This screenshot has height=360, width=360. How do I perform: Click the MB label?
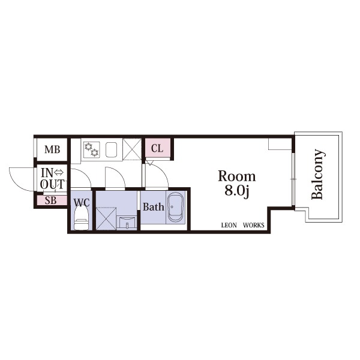point(52,149)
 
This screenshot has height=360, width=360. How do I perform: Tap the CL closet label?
point(157,148)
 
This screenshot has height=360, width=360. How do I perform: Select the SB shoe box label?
point(50,200)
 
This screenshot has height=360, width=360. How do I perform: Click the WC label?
point(82,203)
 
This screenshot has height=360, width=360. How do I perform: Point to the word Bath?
point(154,206)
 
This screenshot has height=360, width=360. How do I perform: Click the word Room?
point(237,176)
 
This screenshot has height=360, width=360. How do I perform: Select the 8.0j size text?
point(237,191)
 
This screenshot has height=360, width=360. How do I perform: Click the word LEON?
point(229,225)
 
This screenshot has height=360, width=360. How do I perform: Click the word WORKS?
point(254,225)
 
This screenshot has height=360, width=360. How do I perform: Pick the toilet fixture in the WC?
point(81,218)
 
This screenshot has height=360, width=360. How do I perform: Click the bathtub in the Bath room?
point(176,208)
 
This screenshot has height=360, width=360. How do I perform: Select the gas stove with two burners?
point(92,149)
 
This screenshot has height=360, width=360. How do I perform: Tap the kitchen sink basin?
point(112,149)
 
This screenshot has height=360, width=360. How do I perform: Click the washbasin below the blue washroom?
point(127,223)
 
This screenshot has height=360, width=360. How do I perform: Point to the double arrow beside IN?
point(59,172)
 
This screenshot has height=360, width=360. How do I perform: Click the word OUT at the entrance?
point(52,184)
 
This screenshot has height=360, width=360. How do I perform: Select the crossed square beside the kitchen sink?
point(132,149)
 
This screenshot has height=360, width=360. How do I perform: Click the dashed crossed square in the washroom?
point(106,218)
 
